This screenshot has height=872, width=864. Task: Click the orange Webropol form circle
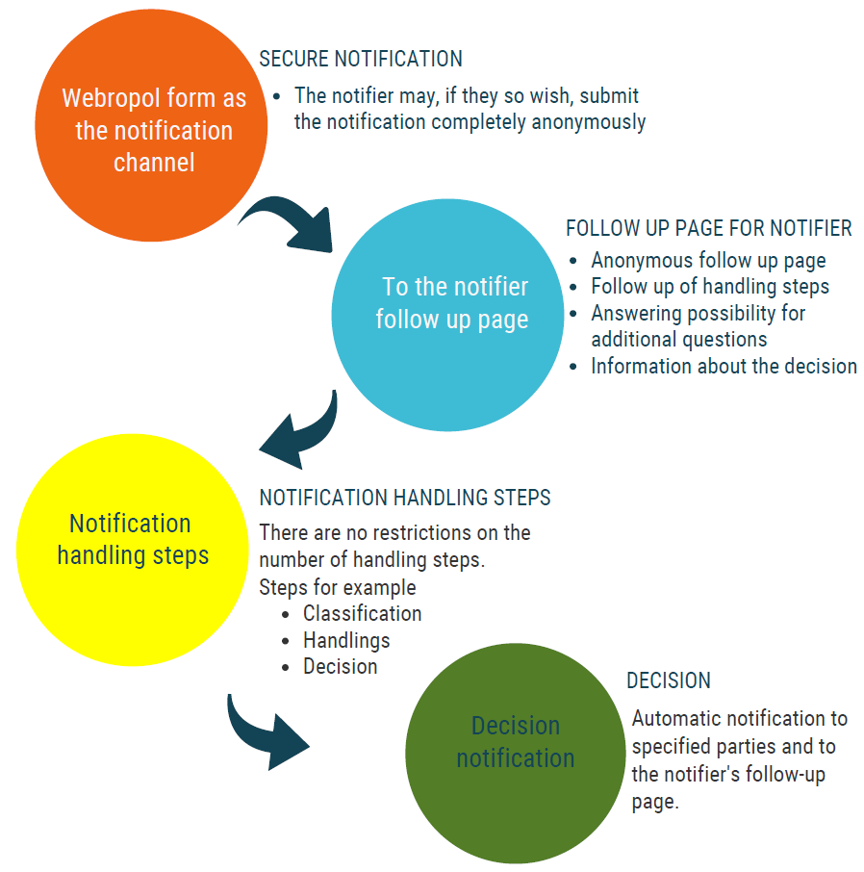coord(151,125)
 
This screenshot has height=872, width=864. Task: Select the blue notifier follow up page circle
coord(447,315)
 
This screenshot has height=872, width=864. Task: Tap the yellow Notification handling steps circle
coord(133,550)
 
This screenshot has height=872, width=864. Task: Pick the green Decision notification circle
coord(516,754)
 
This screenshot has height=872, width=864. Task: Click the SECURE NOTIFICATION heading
coord(361,59)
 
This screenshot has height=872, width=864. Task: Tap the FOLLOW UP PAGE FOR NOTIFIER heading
coord(709,228)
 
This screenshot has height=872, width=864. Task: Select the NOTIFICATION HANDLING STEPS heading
coord(405,498)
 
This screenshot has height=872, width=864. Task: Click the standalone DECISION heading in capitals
coord(669,680)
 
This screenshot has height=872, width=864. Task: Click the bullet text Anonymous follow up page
coord(708,261)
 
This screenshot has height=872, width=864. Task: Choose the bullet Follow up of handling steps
coord(710,287)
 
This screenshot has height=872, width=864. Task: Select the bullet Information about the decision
coord(724,367)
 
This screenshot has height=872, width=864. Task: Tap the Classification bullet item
coord(362,614)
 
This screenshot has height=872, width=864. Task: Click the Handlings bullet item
coord(346,641)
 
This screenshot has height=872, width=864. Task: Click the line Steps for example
coord(338,587)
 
